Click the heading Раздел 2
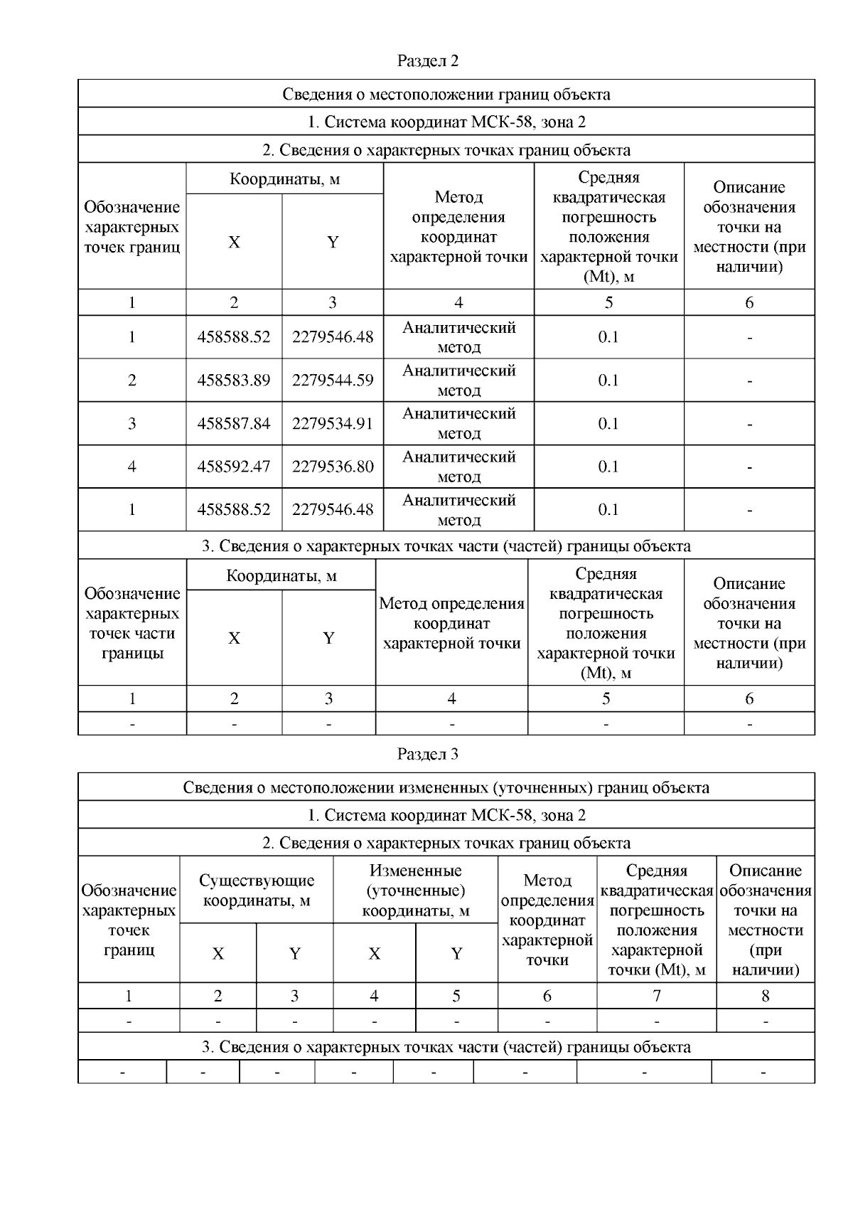(428, 61)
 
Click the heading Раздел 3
(428, 754)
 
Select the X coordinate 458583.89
(234, 381)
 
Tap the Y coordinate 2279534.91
(333, 424)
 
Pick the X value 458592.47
(234, 467)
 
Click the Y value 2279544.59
(333, 381)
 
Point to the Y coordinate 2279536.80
(333, 467)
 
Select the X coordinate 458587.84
(234, 424)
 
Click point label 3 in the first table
(132, 424)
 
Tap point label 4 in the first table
(132, 467)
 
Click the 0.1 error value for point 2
(608, 381)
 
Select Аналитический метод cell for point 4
(458, 467)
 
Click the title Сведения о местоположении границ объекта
(446, 94)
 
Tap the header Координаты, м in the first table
(284, 179)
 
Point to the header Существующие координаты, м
(257, 890)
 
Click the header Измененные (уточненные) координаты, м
(416, 890)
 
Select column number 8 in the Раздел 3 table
(766, 996)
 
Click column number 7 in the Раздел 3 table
(657, 996)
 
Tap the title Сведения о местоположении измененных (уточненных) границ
(446, 787)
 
